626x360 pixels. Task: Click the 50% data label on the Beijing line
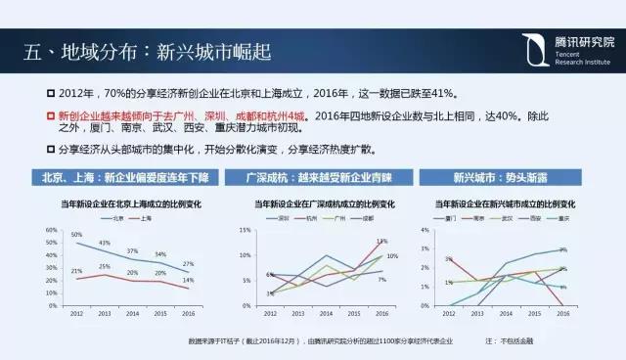click(75, 235)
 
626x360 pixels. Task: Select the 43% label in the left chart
click(104, 243)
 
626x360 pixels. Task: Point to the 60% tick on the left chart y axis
click(51, 230)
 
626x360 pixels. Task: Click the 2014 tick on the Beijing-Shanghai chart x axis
click(132, 313)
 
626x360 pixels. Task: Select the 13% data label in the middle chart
click(380, 241)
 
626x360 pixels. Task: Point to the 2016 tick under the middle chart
click(382, 313)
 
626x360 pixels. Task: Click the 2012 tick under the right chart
click(451, 313)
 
